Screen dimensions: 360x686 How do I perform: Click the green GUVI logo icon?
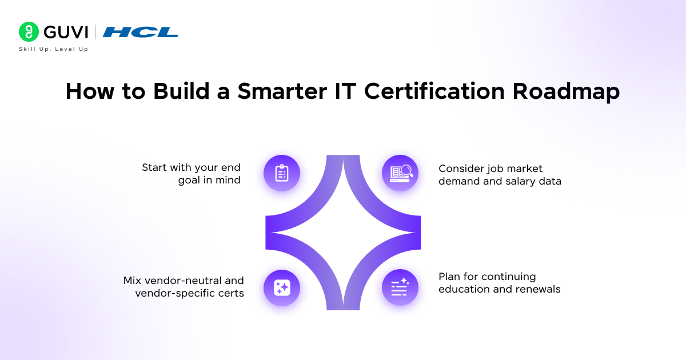click(28, 32)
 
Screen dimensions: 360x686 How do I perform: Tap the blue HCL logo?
click(141, 33)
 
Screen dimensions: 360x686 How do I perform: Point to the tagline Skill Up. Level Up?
click(54, 49)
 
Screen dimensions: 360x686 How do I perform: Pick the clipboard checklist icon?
click(282, 173)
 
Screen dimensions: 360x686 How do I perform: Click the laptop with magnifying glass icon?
click(400, 173)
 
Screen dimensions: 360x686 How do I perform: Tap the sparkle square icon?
click(282, 287)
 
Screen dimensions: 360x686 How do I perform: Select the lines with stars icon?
click(400, 287)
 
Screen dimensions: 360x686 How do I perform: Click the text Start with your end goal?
click(192, 174)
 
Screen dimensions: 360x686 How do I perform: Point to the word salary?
click(520, 181)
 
